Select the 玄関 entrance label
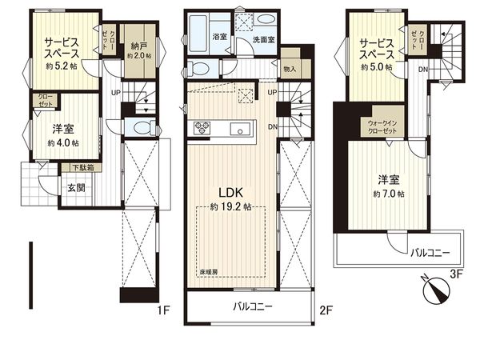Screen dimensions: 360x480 pos(76,188)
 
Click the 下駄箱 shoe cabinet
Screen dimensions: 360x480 pos(81,168)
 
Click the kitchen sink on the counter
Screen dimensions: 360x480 pos(238,130)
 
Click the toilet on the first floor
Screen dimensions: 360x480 pos(142,127)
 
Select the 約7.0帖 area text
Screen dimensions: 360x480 pos(388,193)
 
